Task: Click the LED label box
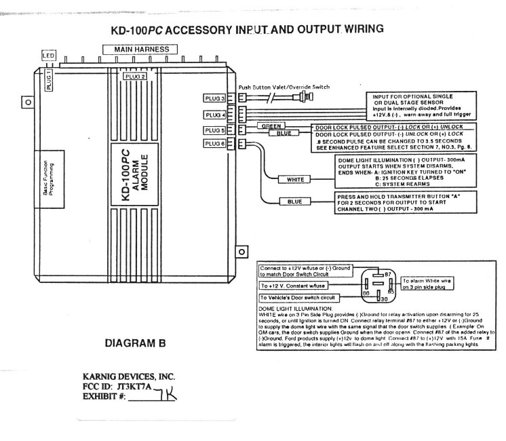tap(48, 55)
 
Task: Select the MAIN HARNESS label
tap(140, 49)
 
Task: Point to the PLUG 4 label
tap(215, 114)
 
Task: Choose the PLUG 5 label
tap(215, 129)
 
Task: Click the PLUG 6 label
tap(215, 142)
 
